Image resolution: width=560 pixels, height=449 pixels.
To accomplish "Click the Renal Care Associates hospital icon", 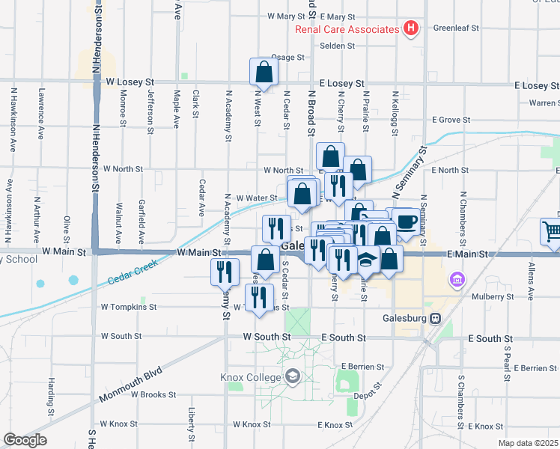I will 410,29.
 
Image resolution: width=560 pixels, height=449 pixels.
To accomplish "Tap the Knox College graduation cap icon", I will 291,376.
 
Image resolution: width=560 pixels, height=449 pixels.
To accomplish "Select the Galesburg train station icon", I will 435,318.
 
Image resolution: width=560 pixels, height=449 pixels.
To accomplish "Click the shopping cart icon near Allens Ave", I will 552,230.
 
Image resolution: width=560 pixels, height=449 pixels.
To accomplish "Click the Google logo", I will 25,440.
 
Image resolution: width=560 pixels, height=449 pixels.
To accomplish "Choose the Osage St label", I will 288,57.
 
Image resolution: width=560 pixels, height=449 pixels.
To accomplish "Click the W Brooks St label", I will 153,394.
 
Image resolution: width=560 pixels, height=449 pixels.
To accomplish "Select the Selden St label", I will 337,45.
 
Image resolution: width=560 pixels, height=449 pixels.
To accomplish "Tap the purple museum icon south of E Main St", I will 456,279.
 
